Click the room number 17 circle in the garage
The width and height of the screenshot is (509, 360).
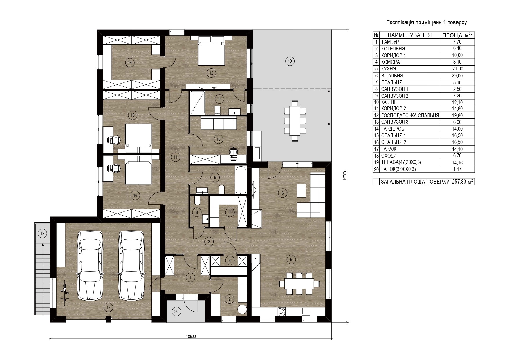coord(108,308)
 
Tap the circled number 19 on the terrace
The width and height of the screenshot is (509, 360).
coord(290,61)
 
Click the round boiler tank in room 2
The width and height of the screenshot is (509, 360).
coord(242,309)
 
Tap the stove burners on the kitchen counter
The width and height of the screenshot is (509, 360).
coord(281,312)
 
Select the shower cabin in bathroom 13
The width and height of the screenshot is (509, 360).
coord(197,102)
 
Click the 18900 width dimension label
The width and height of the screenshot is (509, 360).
coord(191,337)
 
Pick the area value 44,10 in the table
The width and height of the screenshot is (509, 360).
coord(457,149)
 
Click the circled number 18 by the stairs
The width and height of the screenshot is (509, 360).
coord(43,233)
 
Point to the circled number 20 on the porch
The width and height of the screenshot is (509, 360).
coord(176,312)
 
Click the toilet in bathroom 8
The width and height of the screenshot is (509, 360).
coord(196,200)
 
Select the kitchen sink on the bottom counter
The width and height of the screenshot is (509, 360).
coord(306,311)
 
